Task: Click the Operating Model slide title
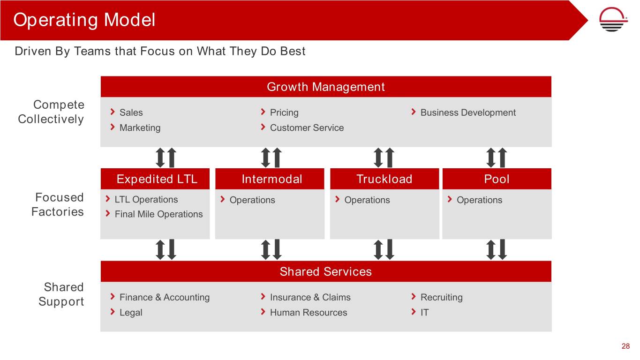point(84,20)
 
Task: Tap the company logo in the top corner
point(613,19)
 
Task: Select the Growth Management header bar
point(326,87)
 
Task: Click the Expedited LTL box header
point(155,179)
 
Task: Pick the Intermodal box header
point(270,179)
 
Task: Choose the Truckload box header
point(384,179)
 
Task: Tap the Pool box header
point(497,179)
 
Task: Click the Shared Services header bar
point(326,271)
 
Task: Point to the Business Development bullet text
point(468,112)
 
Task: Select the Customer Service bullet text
point(307,127)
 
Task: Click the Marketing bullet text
point(140,127)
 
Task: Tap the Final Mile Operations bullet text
point(158,214)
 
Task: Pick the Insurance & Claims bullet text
point(310,297)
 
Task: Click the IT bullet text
point(425,312)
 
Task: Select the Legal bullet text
point(131,313)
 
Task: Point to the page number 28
point(625,346)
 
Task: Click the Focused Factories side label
point(57,204)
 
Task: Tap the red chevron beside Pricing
point(263,112)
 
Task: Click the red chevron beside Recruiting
point(414,297)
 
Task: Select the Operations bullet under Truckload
point(367,200)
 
